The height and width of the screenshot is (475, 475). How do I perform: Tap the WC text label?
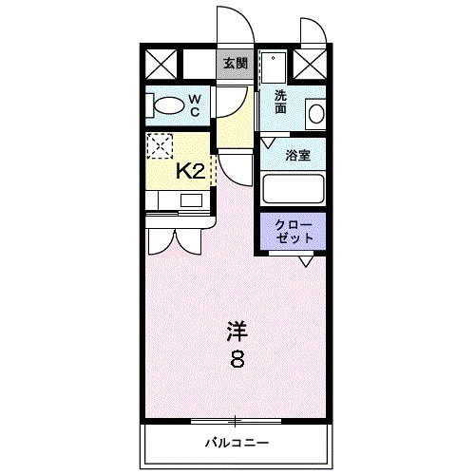[x=193, y=104]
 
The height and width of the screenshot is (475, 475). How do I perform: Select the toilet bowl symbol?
[x=165, y=105]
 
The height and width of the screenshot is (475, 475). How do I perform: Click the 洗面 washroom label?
[x=281, y=102]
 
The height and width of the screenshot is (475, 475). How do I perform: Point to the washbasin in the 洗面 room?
[x=314, y=113]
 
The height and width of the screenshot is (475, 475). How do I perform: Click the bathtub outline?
[x=294, y=189]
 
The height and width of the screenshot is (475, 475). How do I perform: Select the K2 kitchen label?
[x=191, y=170]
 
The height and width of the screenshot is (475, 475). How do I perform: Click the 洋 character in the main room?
[x=237, y=332]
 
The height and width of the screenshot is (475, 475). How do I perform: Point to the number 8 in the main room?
[x=237, y=360]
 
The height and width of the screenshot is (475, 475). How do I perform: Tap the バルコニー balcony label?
[x=237, y=443]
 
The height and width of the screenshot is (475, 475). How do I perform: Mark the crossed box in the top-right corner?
[x=309, y=64]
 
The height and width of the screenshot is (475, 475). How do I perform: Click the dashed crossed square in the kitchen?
[x=161, y=146]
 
